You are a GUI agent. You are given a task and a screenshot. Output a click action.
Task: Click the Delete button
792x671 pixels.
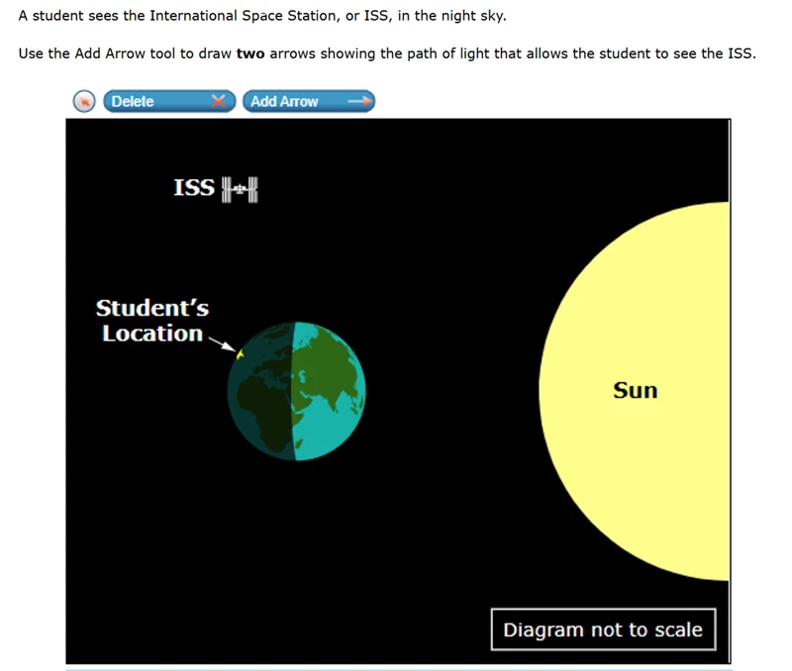point(169,101)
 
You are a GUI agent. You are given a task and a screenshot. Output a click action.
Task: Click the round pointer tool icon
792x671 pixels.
point(84,101)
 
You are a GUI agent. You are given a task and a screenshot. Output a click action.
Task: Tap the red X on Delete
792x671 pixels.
point(218,101)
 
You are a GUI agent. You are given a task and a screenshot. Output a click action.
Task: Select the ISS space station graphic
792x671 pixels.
point(240,189)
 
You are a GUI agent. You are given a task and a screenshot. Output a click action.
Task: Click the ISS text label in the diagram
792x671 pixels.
point(194,187)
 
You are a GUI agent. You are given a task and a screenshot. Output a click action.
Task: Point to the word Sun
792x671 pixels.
point(636,390)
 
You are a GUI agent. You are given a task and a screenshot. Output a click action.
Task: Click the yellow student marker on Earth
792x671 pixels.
point(240,354)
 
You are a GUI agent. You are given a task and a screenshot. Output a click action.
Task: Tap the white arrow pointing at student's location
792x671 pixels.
point(222,343)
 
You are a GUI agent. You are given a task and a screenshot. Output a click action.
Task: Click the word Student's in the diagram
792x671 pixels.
point(152,308)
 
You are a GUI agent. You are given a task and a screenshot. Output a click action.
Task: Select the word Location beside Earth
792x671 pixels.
point(152,334)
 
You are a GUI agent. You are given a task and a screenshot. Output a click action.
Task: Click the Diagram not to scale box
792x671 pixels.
point(603,629)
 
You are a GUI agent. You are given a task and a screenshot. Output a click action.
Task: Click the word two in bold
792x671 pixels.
point(250,53)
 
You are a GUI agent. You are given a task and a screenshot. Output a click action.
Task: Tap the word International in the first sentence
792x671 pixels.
point(193,16)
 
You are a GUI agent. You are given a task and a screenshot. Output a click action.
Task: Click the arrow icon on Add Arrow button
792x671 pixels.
point(359,101)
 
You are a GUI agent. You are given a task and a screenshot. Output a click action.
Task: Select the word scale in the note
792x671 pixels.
point(678,629)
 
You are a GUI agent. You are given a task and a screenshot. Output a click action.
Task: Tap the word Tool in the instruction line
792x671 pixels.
point(162,53)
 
